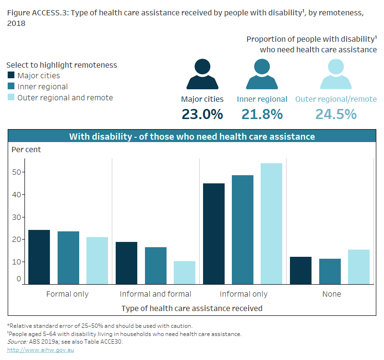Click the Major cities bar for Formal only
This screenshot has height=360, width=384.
point(39,257)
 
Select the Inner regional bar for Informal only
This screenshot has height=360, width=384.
point(242,229)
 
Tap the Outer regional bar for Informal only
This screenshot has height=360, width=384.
point(271,224)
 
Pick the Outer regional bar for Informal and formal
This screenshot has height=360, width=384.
point(184,272)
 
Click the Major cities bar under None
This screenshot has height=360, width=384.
point(300,270)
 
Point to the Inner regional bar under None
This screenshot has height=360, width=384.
point(330,271)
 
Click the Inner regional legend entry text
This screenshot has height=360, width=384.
point(42,87)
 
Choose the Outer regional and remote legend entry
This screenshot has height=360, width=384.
point(65,98)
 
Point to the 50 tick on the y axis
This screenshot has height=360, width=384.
point(17,172)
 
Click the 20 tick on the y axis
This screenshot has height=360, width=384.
point(17,240)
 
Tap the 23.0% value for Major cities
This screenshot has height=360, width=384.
point(202,114)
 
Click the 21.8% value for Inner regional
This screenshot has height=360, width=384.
point(262,114)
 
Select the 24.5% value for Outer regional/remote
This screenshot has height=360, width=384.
point(336,114)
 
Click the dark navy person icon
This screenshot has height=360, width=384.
point(202,74)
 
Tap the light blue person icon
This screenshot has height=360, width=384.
point(336,74)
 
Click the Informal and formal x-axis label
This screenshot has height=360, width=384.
point(156,294)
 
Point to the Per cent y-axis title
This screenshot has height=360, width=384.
point(26,150)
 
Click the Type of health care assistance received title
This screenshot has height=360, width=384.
point(192,308)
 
